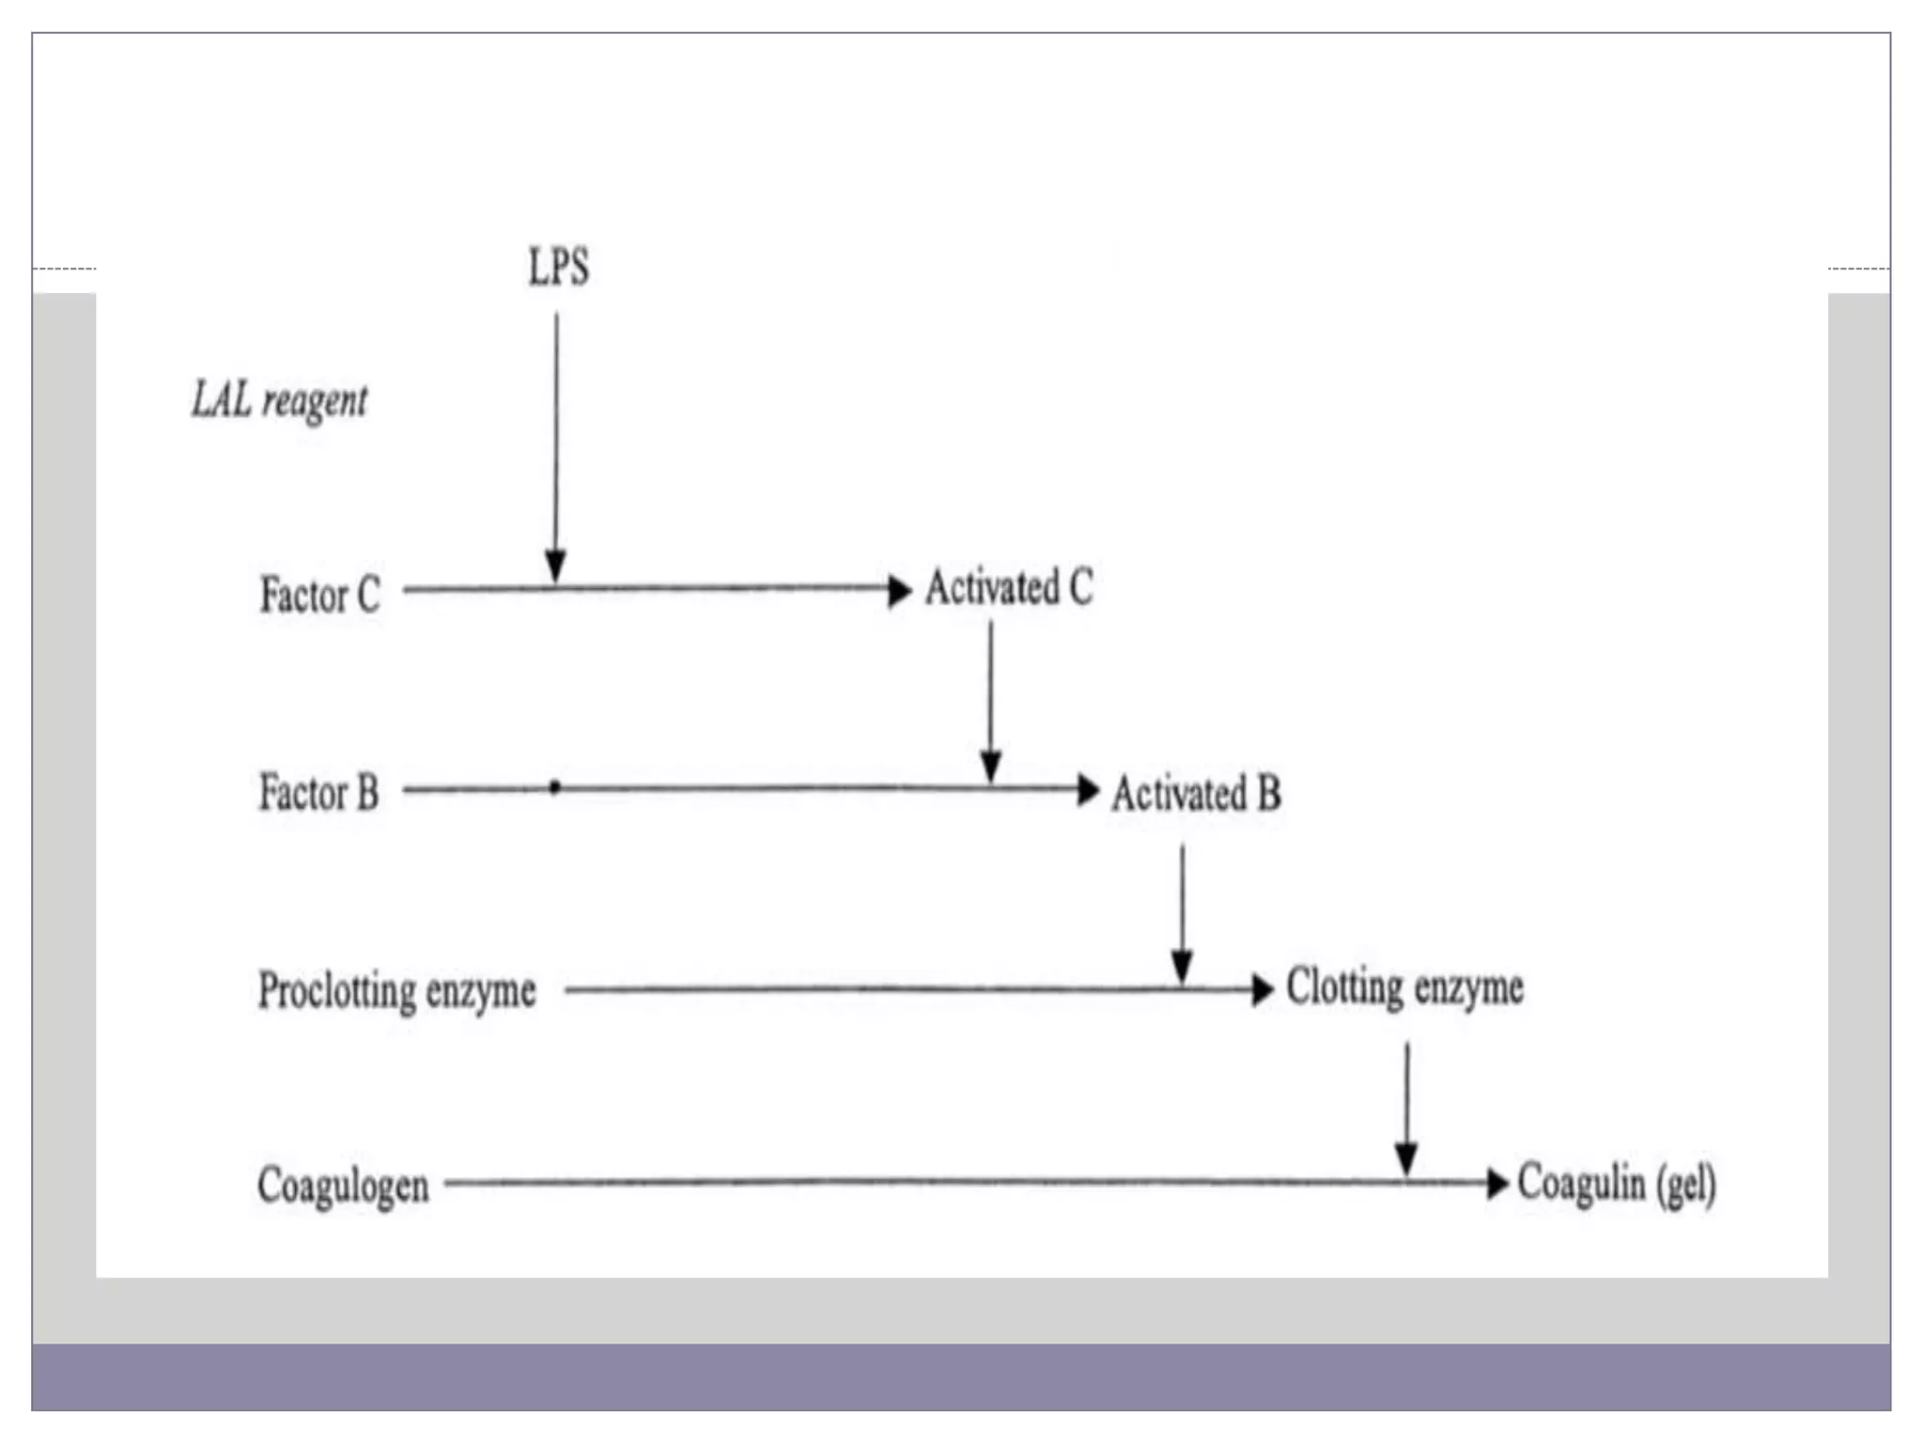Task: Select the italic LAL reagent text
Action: pos(280,401)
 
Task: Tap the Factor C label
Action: pos(319,595)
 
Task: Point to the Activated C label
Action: pos(1009,588)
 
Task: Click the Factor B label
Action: pos(318,792)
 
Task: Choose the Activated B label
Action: pos(1196,794)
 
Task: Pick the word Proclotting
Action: pos(336,991)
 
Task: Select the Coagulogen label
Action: pos(343,1186)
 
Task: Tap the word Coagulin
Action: pos(1581,1183)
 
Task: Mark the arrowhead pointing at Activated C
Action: pos(899,591)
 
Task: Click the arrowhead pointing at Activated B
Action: pos(1088,789)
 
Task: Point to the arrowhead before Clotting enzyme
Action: pos(1263,989)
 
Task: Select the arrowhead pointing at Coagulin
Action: pos(1497,1183)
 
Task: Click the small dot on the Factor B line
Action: pos(555,787)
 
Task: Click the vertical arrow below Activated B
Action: pos(1182,907)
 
